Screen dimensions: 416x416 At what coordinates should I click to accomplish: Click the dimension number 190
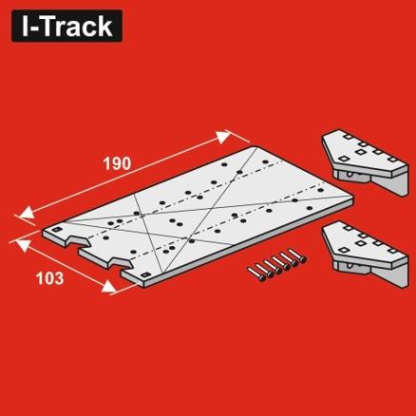[x=116, y=163]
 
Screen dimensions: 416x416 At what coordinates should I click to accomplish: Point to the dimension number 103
[x=50, y=279]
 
